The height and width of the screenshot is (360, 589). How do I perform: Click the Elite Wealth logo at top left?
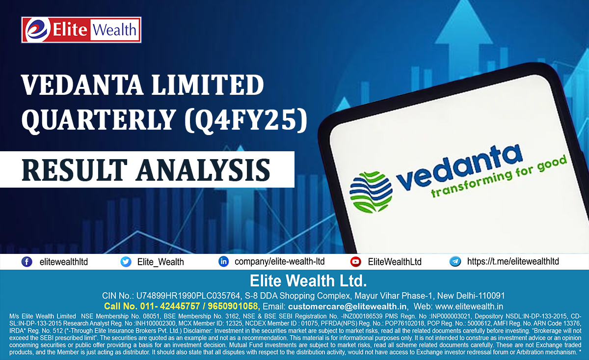tap(81, 30)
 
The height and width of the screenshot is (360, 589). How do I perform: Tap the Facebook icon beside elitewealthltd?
tap(27, 262)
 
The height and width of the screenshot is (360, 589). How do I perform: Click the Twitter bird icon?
tap(126, 262)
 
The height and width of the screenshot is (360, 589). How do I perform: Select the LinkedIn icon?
tap(223, 262)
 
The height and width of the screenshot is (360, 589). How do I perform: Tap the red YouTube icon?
tap(356, 262)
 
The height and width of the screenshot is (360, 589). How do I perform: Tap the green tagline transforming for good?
tap(498, 177)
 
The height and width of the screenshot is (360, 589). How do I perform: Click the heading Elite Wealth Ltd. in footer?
tap(308, 281)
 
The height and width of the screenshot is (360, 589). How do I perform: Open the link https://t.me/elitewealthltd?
tap(513, 262)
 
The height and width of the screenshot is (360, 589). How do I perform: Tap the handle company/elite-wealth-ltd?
tap(280, 262)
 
